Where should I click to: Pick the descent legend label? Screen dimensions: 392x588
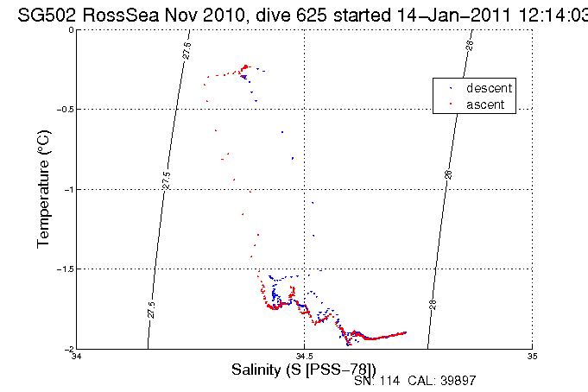point(490,88)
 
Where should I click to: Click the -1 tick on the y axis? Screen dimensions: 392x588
point(67,189)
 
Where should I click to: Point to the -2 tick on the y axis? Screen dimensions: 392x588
point(67,349)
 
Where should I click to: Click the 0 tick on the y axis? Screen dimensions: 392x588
point(70,30)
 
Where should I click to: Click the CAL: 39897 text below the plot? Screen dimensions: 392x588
point(440,381)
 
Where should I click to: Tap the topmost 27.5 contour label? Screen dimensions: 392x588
point(187,50)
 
